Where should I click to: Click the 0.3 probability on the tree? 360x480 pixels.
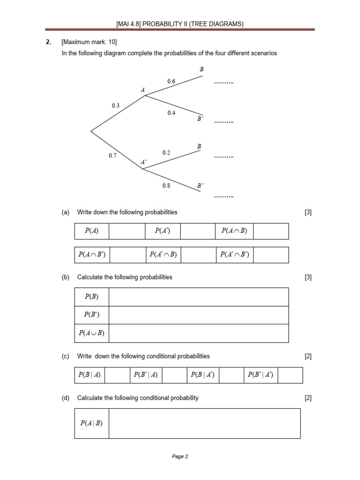coord(116,105)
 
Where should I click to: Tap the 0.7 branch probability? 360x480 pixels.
coord(112,155)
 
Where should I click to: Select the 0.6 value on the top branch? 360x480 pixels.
coord(171,81)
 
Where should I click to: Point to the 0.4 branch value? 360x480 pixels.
coord(171,112)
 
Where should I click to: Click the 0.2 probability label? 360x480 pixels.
coord(166,152)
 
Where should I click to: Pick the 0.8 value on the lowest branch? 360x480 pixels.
coord(166,185)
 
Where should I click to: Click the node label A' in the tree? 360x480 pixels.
coord(144,162)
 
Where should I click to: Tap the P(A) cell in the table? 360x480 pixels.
coord(91,231)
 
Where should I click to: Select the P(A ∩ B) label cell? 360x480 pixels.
coord(234,231)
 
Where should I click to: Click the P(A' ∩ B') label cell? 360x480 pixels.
coord(234,255)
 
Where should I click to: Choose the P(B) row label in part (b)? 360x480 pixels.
coord(91,297)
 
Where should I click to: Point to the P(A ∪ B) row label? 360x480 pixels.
coord(91,333)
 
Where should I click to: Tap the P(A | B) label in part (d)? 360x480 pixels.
coord(91,423)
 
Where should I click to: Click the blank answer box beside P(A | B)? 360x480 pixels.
coord(204,423)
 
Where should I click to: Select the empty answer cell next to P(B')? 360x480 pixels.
coord(198,315)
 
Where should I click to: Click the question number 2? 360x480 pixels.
coord(48,42)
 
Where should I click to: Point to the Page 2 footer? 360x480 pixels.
coord(180,457)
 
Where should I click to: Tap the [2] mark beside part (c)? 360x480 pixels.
coord(308,356)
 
